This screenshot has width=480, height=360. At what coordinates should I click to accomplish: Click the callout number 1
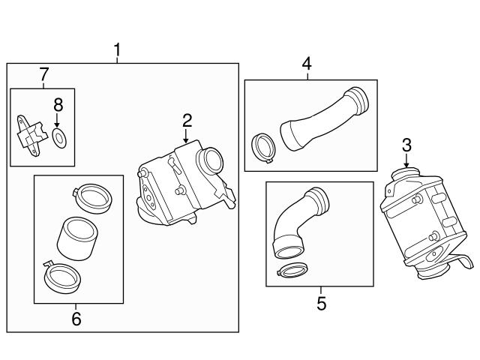pos(117,50)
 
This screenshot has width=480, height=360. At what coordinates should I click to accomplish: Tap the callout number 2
pos(187,121)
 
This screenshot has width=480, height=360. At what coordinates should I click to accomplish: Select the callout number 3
pos(406,145)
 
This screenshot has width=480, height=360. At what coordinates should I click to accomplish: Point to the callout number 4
pos(307,64)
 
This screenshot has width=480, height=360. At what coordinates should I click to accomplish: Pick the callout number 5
pos(321,304)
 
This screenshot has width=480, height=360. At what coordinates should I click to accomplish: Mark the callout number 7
pos(43,74)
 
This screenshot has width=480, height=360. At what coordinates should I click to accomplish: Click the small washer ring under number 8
pos(59,136)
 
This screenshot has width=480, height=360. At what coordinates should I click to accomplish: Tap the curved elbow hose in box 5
pos(299,221)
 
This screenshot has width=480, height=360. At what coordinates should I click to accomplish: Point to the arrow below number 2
pos(187,136)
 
